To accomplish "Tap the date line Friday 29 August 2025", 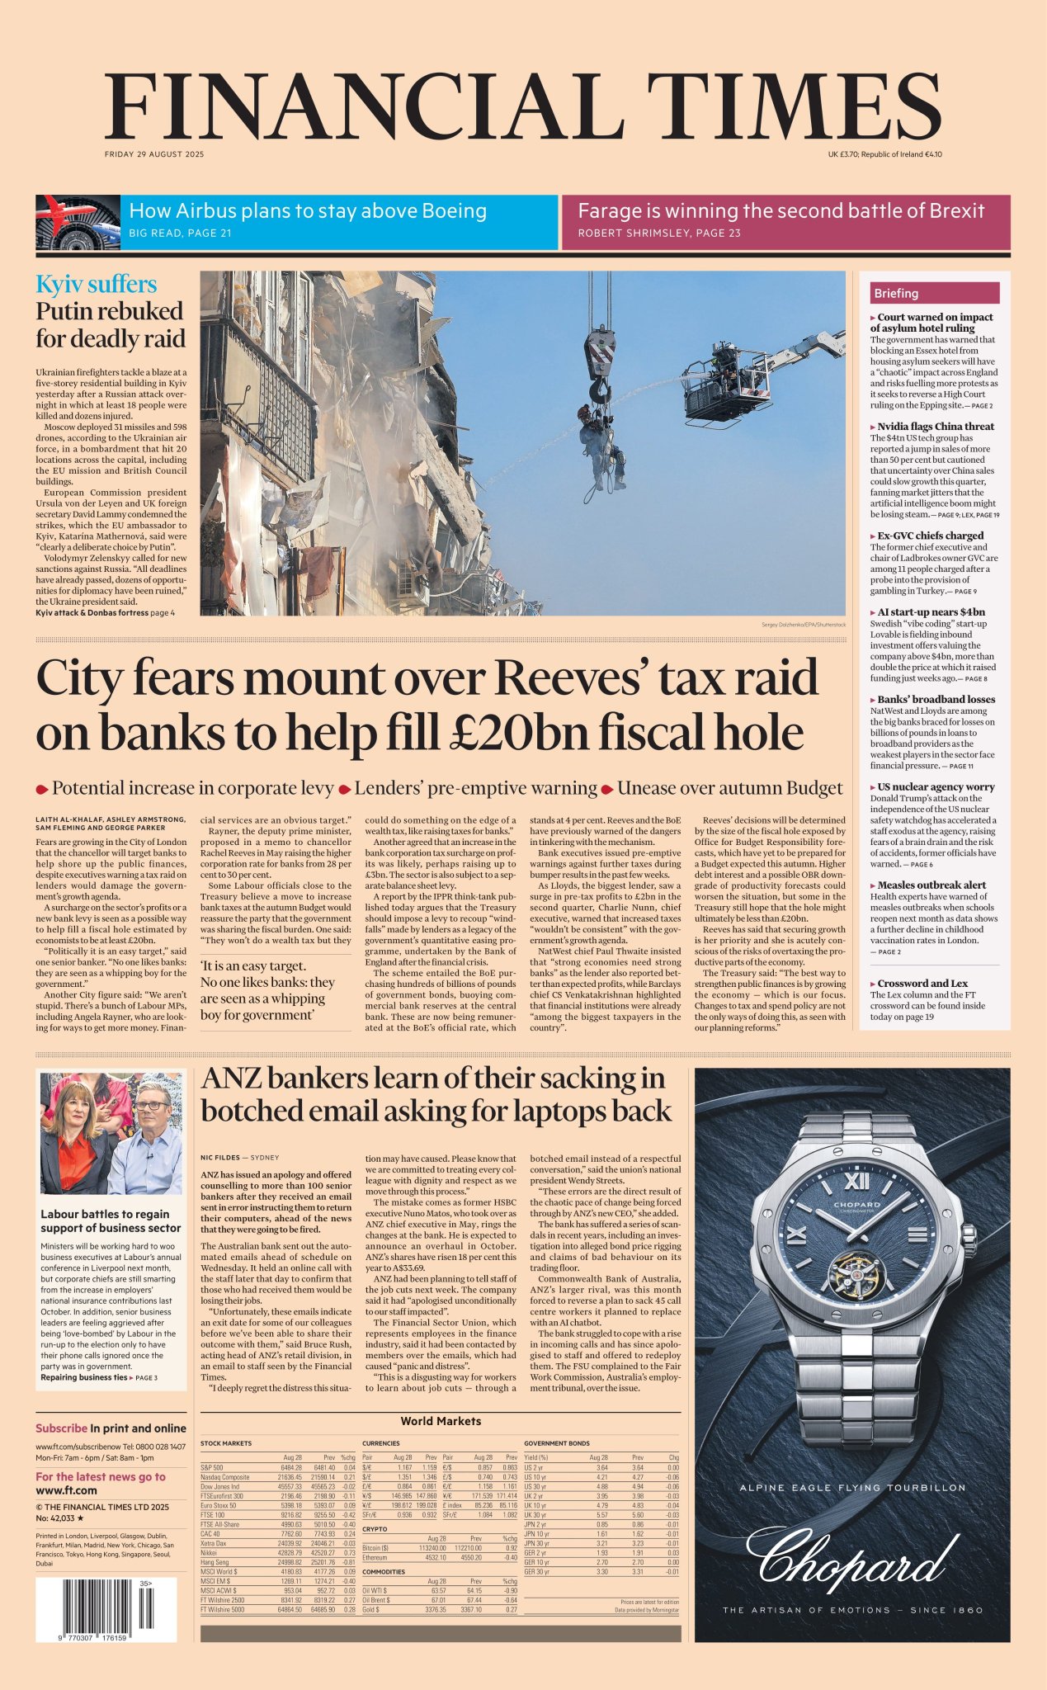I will [154, 154].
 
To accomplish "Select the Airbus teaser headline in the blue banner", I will [308, 211].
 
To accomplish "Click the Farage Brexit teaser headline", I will [781, 211].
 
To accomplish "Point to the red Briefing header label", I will [897, 293].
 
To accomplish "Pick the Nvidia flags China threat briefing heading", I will [935, 427].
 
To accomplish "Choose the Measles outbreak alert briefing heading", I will [931, 885].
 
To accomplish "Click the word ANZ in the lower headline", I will [233, 1079].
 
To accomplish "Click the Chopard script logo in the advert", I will [851, 1559].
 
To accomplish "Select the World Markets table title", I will [441, 1421].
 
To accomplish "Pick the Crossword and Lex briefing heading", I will [922, 983].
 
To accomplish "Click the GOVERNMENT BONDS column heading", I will [557, 1443].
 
